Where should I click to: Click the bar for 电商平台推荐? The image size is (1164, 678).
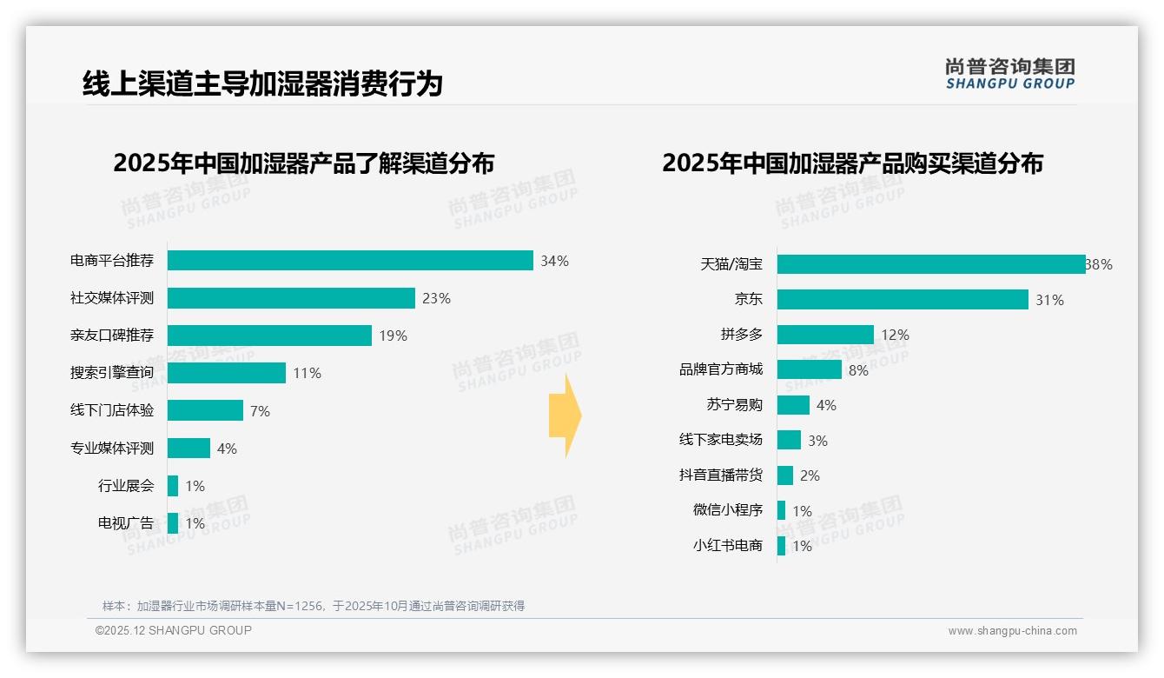[x=350, y=261]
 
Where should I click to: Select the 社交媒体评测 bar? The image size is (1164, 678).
[x=291, y=298]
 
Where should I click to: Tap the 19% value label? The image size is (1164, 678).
[x=393, y=336]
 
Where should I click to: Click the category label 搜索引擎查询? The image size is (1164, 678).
[x=112, y=373]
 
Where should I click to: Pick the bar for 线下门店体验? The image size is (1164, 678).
[x=205, y=410]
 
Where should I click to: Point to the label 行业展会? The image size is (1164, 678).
[x=126, y=485]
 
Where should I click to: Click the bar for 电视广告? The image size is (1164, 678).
[x=173, y=522]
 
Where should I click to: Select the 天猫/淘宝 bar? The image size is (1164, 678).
[x=931, y=264]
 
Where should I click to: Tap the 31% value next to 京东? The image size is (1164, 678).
[x=1049, y=300]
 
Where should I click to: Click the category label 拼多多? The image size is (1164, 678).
[x=742, y=335]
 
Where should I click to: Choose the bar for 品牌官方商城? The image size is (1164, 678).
[x=810, y=369]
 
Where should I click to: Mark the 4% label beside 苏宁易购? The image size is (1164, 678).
[x=826, y=405]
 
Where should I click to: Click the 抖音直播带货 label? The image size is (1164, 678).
[x=721, y=475]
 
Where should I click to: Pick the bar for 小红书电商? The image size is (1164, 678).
[x=782, y=546]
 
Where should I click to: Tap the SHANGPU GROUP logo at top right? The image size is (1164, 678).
[x=1010, y=73]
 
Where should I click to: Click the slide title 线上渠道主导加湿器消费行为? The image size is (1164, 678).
[x=262, y=83]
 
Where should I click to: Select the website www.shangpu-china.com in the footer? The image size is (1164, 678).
[x=1012, y=631]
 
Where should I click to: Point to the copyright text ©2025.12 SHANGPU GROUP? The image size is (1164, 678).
[x=174, y=630]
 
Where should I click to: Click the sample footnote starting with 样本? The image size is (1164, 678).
[x=314, y=606]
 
